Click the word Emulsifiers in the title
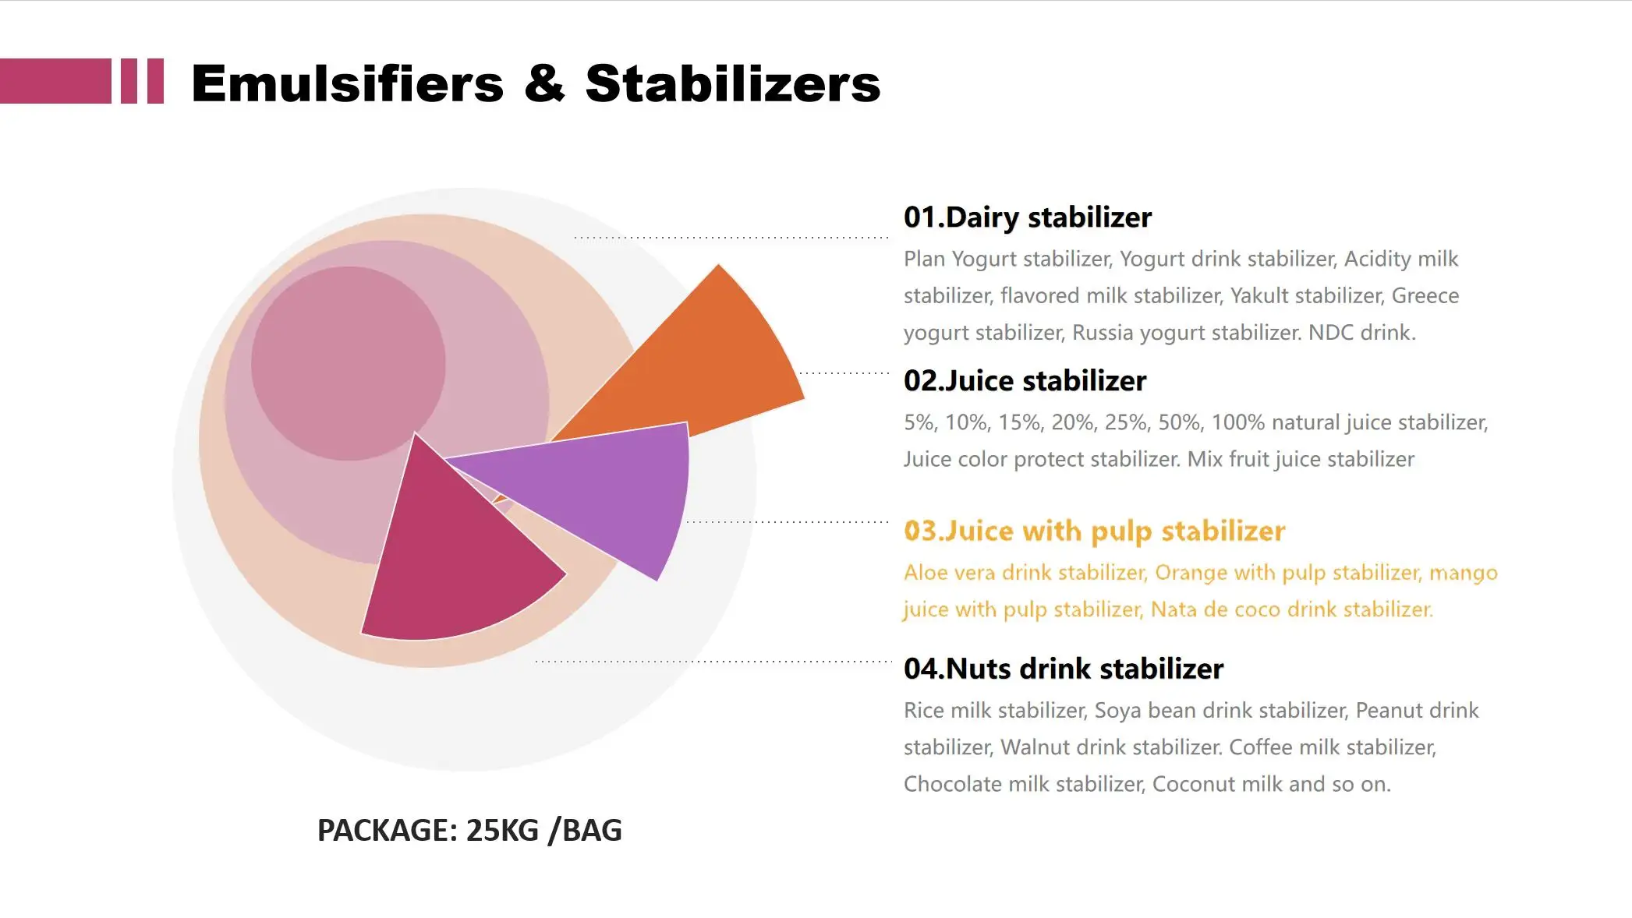[347, 83]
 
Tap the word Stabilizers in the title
[732, 83]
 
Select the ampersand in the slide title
[543, 83]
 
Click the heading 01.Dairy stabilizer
[1027, 217]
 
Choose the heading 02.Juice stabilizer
[1025, 381]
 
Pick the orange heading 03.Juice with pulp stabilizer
[1094, 531]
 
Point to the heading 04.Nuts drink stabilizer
[1063, 669]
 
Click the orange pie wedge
[702, 358]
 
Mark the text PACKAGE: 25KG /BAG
[469, 831]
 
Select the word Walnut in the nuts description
[1034, 747]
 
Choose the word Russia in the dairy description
[1103, 333]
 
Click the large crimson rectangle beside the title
[55, 81]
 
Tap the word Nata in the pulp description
[1174, 609]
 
